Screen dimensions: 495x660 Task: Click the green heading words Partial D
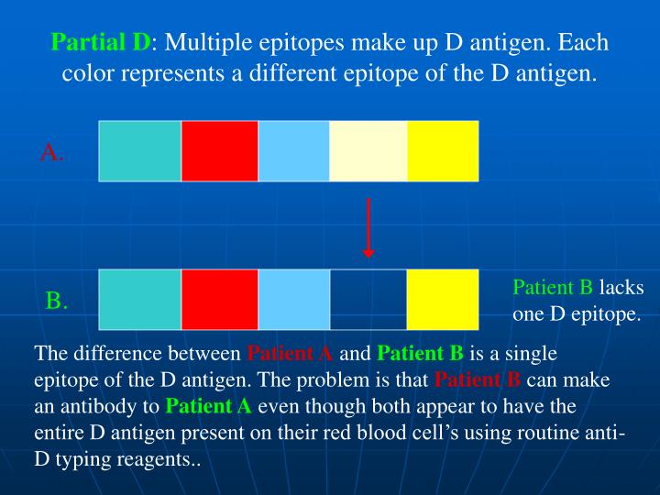coord(102,43)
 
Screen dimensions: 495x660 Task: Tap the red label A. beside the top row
coord(52,153)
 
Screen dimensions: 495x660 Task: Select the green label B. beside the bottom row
coord(57,301)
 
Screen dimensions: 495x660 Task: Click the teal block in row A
coord(139,150)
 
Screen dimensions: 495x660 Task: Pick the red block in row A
coord(220,150)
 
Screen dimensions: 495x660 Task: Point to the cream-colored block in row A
coord(368,150)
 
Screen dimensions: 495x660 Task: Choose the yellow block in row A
coord(443,150)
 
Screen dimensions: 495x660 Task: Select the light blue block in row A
coord(293,150)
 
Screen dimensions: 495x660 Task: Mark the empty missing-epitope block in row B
coord(368,299)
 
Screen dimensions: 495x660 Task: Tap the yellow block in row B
coord(443,299)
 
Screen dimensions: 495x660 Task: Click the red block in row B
coord(220,299)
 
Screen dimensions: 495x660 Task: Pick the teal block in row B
coord(139,299)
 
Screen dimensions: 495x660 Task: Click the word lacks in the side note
coord(621,288)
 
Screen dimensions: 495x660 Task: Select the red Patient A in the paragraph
coord(291,354)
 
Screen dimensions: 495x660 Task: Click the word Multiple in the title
coord(206,43)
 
